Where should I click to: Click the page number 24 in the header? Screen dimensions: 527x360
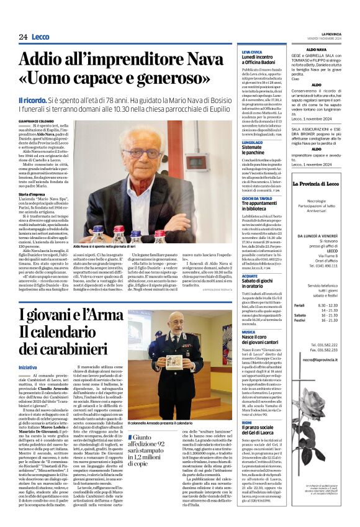pos(23,37)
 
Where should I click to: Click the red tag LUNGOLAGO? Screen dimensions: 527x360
pos(253,142)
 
